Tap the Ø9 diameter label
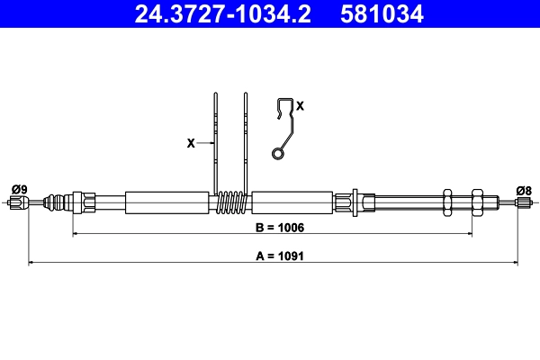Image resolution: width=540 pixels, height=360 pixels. click(19, 189)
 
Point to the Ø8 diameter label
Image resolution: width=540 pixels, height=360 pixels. click(524, 189)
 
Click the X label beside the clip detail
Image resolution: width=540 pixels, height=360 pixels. click(300, 106)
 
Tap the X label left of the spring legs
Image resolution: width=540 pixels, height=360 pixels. click(190, 142)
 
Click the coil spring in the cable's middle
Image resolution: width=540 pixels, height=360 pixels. click(233, 202)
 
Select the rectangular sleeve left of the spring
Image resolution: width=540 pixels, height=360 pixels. click(167, 202)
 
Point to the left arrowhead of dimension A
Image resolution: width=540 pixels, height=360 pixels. click(32, 263)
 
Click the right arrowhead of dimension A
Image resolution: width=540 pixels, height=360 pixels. click(515, 263)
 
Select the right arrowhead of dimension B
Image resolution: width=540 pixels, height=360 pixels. click(468, 234)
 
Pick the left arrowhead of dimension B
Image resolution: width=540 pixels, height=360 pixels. click(76, 234)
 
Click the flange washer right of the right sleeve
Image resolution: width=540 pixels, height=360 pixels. click(357, 202)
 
